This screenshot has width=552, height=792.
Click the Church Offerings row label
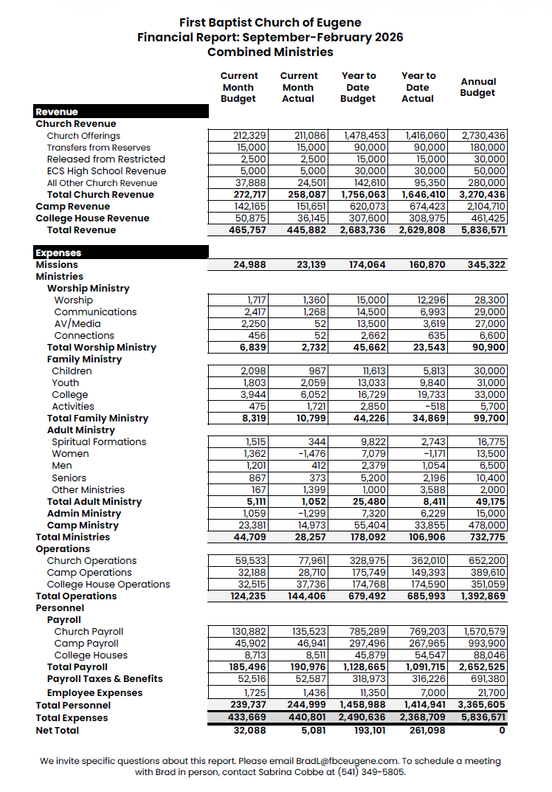coord(83,136)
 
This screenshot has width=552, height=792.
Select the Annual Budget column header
coord(478,87)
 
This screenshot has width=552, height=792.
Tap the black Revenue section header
coord(57,112)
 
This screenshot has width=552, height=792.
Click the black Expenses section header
coord(59,253)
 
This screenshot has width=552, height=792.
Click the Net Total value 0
coord(502,730)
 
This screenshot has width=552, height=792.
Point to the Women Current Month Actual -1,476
coord(309,454)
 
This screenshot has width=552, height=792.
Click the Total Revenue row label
coord(81,230)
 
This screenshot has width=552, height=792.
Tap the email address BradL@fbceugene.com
coord(347,761)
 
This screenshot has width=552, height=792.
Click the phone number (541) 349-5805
coord(371,772)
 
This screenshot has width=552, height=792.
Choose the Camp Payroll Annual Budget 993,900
coord(487,644)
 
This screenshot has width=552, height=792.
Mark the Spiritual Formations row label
coord(99,442)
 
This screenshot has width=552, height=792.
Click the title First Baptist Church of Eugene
coord(270,24)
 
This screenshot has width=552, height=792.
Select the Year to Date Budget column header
coord(358,87)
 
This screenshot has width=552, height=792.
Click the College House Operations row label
coord(108,585)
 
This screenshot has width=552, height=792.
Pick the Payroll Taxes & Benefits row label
coord(105,679)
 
